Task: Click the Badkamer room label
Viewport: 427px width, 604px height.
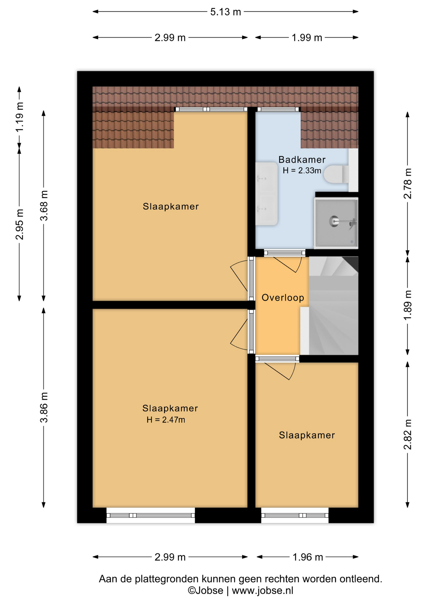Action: (x=302, y=159)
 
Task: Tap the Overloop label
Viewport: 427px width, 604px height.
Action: (x=283, y=298)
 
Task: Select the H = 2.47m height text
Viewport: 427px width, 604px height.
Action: (x=166, y=420)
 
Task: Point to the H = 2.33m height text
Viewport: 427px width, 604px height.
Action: (x=302, y=171)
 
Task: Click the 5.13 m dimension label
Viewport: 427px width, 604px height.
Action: (x=225, y=12)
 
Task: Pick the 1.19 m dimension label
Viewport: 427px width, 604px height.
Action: (x=19, y=117)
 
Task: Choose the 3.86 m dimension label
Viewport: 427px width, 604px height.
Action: (x=44, y=407)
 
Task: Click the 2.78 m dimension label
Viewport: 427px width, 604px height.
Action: (x=408, y=184)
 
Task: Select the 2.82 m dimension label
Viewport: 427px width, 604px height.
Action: (x=408, y=434)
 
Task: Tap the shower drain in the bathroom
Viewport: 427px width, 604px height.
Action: (x=334, y=221)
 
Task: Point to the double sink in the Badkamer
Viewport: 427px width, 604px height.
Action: (x=266, y=193)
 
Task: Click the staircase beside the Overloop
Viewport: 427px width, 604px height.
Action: (x=333, y=305)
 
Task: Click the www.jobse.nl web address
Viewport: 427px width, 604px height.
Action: (x=263, y=590)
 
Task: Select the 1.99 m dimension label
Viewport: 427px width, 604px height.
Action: (x=307, y=38)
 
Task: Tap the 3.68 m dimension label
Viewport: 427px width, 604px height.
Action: (x=44, y=205)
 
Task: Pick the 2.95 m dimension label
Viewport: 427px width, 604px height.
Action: (x=19, y=224)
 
